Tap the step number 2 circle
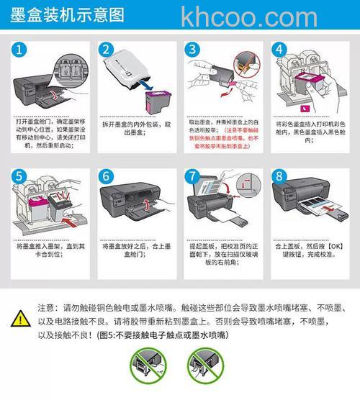[108, 50]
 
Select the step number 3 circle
[192, 50]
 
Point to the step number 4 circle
[278, 50]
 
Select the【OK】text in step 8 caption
[328, 247]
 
